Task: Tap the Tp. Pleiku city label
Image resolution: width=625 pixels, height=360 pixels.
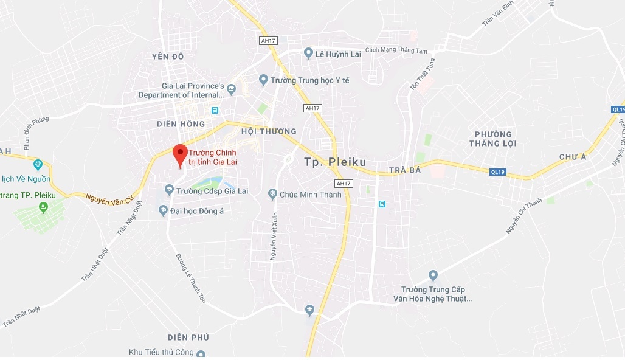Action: (335, 162)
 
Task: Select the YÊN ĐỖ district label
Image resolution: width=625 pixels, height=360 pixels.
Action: (168, 57)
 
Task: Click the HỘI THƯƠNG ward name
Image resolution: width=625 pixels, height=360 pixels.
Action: (269, 131)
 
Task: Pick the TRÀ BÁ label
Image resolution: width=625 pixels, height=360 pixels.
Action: (405, 170)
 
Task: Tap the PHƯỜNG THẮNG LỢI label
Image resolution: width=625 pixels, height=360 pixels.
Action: (492, 139)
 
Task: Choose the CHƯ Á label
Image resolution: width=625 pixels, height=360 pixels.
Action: (572, 157)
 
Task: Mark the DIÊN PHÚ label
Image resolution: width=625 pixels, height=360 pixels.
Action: (188, 337)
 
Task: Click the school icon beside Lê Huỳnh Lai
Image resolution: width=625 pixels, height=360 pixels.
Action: (308, 54)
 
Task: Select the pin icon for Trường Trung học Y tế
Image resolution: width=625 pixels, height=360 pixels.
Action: (263, 80)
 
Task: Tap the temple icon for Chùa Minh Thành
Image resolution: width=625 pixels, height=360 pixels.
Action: (272, 195)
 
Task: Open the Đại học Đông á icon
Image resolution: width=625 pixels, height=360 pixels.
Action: (163, 210)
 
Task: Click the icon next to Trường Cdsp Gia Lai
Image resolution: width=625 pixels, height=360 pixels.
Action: (170, 191)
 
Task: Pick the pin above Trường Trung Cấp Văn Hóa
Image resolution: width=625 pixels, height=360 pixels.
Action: (433, 275)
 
